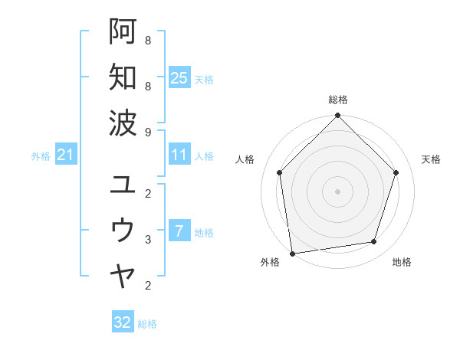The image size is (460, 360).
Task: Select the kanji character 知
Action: coord(123,77)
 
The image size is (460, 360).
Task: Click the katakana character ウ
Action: coord(123,230)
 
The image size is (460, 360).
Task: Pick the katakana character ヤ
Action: coord(123,275)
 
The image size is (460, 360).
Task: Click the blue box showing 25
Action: coord(179,77)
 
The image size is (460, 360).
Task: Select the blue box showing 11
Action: coord(179,155)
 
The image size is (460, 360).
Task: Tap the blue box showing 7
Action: coord(179,231)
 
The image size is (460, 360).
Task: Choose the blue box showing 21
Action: coord(66,155)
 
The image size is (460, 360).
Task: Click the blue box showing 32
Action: coord(123,322)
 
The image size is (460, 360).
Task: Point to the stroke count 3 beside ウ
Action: coord(148,240)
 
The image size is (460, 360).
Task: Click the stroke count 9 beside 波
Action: coord(148,131)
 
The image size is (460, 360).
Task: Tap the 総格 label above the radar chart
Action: coord(338,100)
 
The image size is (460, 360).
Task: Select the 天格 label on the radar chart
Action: coord(431,159)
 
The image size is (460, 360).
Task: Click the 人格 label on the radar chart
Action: coord(245,159)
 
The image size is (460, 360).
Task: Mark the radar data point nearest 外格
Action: coord(292,253)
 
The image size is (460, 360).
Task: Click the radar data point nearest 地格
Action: coord(374,242)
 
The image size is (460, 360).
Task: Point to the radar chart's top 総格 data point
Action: coord(338,116)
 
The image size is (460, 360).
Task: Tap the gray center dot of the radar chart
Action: coord(338,191)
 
